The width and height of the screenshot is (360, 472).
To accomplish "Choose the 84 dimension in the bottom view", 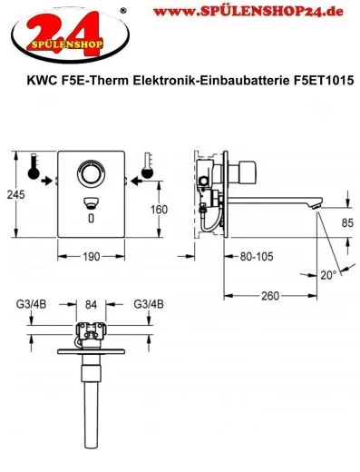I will [x=90, y=305].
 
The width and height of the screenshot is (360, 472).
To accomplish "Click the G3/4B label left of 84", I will [x=32, y=305].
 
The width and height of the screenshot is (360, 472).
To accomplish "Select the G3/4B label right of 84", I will [x=147, y=305].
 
